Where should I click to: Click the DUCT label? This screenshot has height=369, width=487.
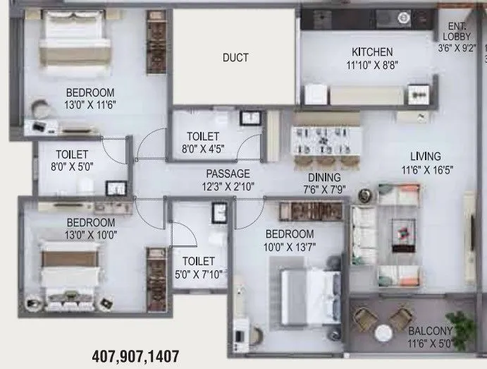[235, 58]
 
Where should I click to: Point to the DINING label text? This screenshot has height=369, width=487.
[323, 178]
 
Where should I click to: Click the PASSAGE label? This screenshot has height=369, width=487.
[228, 174]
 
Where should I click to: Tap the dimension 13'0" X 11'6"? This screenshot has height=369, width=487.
[90, 105]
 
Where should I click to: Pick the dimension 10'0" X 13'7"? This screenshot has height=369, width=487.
[290, 247]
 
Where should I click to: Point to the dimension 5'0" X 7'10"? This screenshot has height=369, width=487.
[197, 274]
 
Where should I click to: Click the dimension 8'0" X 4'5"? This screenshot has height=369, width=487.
[203, 149]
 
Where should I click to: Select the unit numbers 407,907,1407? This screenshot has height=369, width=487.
[136, 356]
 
